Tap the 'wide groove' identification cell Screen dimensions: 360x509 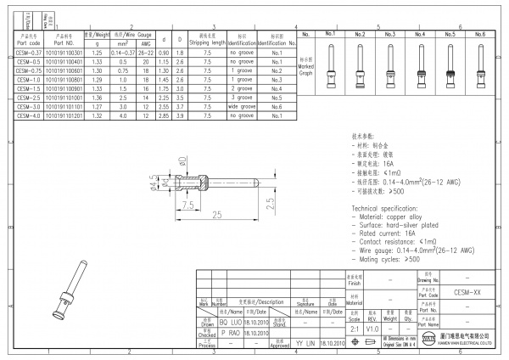click(x=242, y=107)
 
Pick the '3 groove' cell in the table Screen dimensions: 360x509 click(x=242, y=98)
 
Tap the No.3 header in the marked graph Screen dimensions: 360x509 click(x=390, y=34)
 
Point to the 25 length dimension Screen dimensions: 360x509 click(x=217, y=213)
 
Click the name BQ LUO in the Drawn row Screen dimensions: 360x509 click(x=230, y=323)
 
